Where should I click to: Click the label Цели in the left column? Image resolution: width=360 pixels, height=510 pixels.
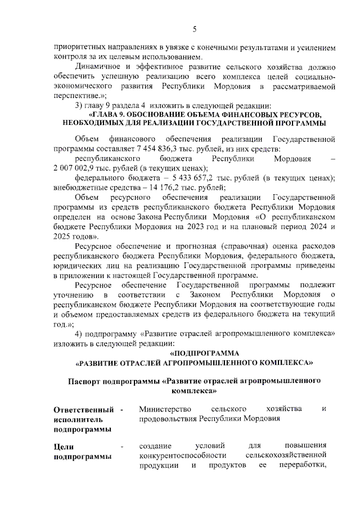click(x=62, y=447)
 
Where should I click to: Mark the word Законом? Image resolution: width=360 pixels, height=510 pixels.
click(x=206, y=295)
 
